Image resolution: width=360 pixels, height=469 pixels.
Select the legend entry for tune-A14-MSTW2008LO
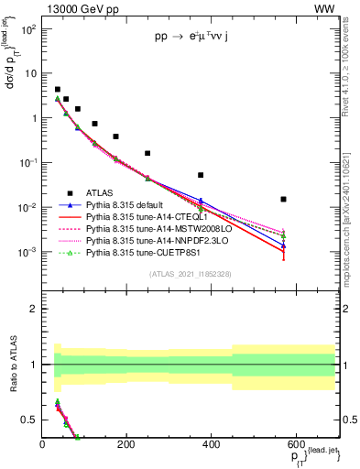click(146, 229)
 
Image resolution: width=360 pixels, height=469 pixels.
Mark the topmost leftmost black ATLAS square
click(57, 90)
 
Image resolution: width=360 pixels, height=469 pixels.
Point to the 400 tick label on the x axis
click(210, 445)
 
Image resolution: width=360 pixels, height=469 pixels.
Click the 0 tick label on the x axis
click(42, 445)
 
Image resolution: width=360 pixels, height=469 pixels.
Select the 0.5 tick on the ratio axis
click(30, 420)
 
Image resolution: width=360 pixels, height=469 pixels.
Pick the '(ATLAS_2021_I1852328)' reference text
click(190, 274)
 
